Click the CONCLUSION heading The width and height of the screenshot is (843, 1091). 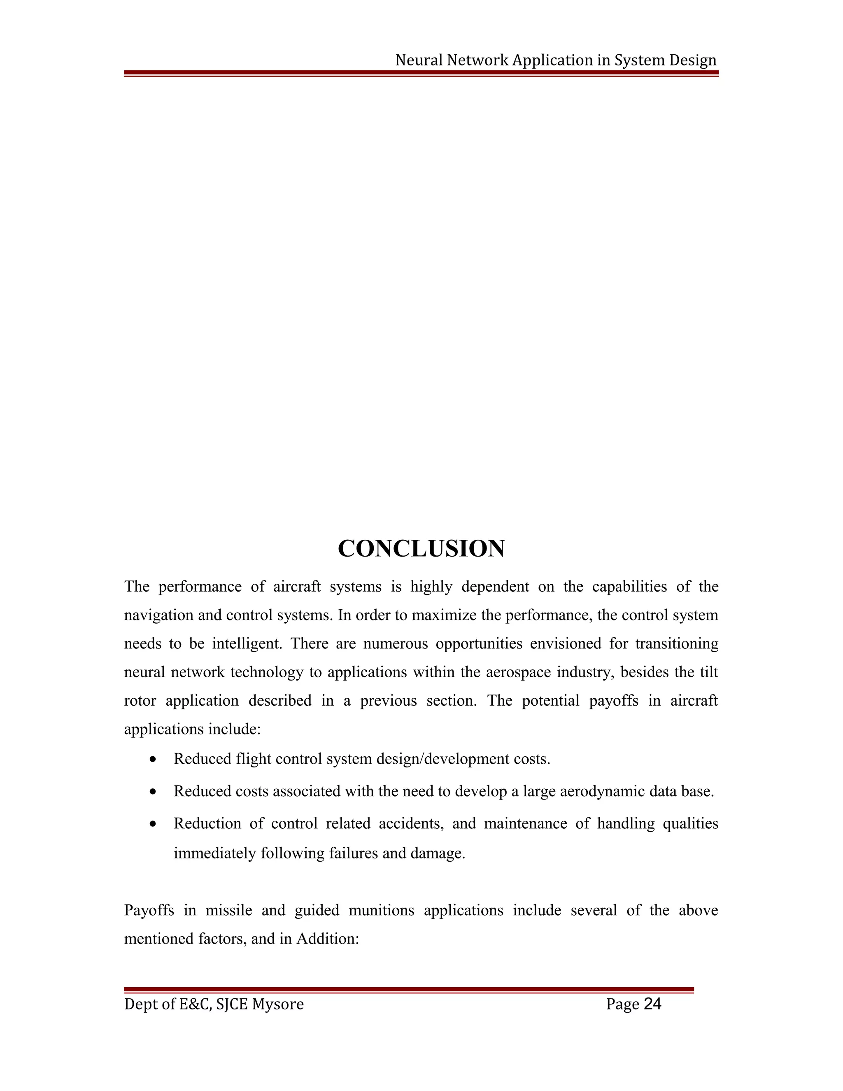(421, 548)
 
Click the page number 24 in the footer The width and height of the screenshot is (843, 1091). (652, 1004)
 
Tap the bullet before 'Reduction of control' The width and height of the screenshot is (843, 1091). (153, 824)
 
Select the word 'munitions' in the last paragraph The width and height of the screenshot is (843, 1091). (381, 910)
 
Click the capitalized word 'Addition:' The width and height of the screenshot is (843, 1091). (328, 939)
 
